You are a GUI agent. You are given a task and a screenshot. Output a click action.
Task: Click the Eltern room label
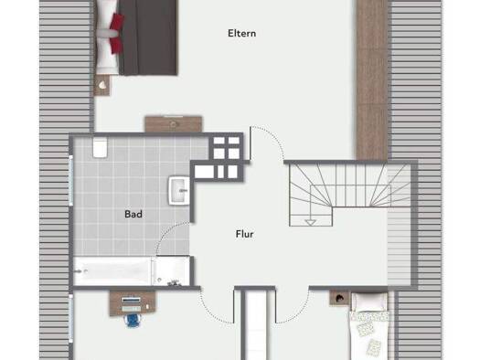coord(242,33)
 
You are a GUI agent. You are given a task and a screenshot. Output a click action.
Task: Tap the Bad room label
coord(133,214)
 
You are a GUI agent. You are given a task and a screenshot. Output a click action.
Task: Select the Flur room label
coord(245,234)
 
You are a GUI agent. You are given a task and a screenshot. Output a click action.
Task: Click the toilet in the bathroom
coord(100,147)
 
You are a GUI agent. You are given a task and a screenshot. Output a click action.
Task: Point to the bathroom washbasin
coord(179,190)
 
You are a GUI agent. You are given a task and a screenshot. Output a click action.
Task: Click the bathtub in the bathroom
coord(112,271)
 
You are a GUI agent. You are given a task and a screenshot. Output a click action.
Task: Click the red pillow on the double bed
coord(117,33)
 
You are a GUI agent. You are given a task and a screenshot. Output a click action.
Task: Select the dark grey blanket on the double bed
coord(148,37)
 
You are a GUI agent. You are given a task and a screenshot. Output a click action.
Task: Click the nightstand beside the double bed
coord(101,85)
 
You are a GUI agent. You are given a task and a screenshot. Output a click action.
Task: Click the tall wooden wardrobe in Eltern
coord(372,80)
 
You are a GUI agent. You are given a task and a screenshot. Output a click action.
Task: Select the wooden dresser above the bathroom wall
coord(174,124)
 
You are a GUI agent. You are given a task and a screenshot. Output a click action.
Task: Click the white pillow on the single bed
coord(369,302)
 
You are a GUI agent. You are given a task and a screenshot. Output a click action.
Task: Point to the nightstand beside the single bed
coord(339,298)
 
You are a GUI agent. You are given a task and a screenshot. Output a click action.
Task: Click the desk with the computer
coord(133,303)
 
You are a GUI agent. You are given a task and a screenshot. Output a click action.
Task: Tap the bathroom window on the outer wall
coord(71,181)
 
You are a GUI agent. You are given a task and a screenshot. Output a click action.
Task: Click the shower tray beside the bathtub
coord(172,271)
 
